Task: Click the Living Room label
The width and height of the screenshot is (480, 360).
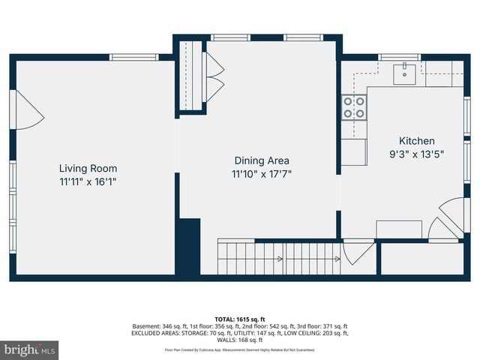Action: point(88,169)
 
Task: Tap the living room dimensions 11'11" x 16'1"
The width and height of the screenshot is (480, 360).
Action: point(88,181)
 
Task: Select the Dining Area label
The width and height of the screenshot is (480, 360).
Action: point(262,160)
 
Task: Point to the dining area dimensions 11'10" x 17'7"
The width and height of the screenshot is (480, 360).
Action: point(262,173)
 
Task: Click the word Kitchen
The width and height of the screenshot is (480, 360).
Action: point(416,141)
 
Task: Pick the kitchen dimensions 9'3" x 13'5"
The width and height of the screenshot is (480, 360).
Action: point(416,154)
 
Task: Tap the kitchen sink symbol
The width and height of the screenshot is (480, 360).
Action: point(406,73)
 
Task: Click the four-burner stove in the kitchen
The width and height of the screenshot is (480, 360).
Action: point(354,108)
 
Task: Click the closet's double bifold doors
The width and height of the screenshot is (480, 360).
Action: point(214,76)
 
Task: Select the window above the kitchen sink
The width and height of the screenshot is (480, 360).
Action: point(400,57)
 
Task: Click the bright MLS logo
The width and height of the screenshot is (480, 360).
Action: point(30,349)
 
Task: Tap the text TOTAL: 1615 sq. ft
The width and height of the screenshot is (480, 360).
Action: point(240,319)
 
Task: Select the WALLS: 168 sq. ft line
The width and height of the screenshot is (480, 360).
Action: point(240,340)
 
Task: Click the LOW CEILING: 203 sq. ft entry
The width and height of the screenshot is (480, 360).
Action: point(316,334)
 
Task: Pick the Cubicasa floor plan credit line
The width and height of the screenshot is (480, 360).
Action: point(240,349)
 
